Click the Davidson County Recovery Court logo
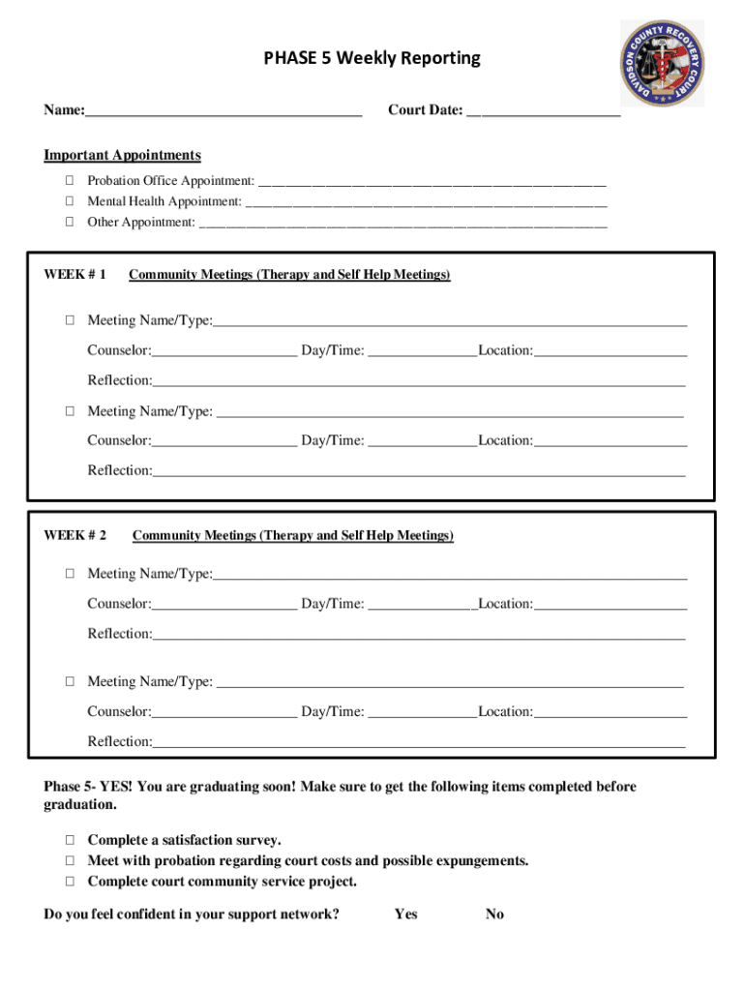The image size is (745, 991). [x=662, y=66]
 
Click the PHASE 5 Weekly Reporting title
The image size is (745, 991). [x=372, y=59]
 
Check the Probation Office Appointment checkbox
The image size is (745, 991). [x=70, y=181]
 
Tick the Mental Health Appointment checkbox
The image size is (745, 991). [x=70, y=201]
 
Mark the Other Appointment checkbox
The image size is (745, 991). [x=70, y=222]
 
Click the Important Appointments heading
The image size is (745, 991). [x=122, y=156]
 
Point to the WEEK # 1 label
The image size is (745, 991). [x=75, y=275]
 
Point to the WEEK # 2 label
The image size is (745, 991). [x=75, y=535]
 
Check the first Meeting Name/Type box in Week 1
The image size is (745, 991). [x=70, y=320]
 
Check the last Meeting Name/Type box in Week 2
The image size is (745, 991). [x=70, y=681]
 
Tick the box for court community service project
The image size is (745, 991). [x=70, y=882]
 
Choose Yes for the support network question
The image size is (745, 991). [x=405, y=915]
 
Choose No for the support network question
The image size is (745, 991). [x=494, y=915]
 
